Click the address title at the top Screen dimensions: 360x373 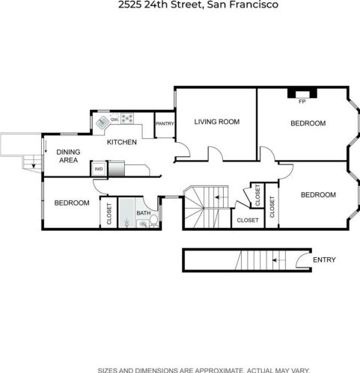click(198, 4)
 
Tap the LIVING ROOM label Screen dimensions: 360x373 click(217, 122)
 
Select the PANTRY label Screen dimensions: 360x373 click(165, 123)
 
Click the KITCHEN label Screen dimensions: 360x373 click(122, 142)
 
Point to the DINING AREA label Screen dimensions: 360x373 click(68, 156)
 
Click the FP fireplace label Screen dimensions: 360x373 click(302, 102)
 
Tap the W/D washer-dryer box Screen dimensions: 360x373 click(99, 169)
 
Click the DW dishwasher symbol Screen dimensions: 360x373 click(115, 120)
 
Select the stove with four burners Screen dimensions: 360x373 click(127, 118)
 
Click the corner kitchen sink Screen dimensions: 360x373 click(102, 123)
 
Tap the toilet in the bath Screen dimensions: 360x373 click(154, 221)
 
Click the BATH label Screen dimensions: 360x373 click(144, 213)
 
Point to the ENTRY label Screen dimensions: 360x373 click(324, 259)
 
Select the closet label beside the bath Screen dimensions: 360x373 click(109, 214)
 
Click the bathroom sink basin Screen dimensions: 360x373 click(143, 224)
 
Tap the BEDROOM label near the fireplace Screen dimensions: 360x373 click(308, 123)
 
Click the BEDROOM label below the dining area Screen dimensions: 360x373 click(72, 203)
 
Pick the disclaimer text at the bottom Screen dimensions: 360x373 click(204, 370)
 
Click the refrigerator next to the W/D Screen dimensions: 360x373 click(117, 169)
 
